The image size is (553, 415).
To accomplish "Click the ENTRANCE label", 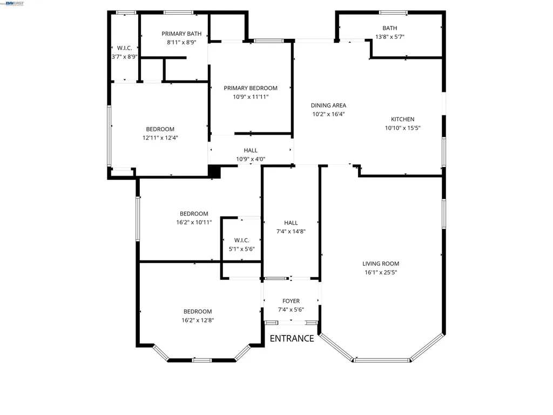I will point(292,338).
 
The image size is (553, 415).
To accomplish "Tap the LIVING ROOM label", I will point(381,264).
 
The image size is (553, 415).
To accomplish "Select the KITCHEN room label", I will point(402,119).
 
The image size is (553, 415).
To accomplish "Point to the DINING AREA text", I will point(328,105).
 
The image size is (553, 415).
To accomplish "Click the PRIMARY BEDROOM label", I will point(251,88).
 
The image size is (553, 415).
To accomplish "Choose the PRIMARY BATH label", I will point(181,34).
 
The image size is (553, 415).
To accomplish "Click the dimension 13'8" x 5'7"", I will point(389,37).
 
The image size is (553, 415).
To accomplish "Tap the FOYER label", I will point(291,301).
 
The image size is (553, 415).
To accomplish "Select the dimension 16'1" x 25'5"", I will point(381,272).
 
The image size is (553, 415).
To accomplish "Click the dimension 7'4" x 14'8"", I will point(291,231).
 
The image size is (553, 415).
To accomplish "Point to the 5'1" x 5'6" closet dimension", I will point(241,249).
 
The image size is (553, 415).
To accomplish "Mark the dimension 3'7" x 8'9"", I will point(125,57).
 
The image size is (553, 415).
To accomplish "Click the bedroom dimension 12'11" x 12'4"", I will point(160,138).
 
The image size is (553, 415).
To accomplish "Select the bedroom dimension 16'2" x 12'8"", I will point(197,320).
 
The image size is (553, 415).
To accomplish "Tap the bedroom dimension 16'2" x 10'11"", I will point(194,222).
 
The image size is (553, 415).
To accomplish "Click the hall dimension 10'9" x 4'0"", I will point(251,159).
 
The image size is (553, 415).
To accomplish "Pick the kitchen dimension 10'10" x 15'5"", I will point(402,128).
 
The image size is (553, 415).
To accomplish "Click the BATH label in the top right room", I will point(389,28).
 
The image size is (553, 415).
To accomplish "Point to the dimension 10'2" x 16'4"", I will point(328,114).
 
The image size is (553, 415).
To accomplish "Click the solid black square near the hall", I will point(215,171).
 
